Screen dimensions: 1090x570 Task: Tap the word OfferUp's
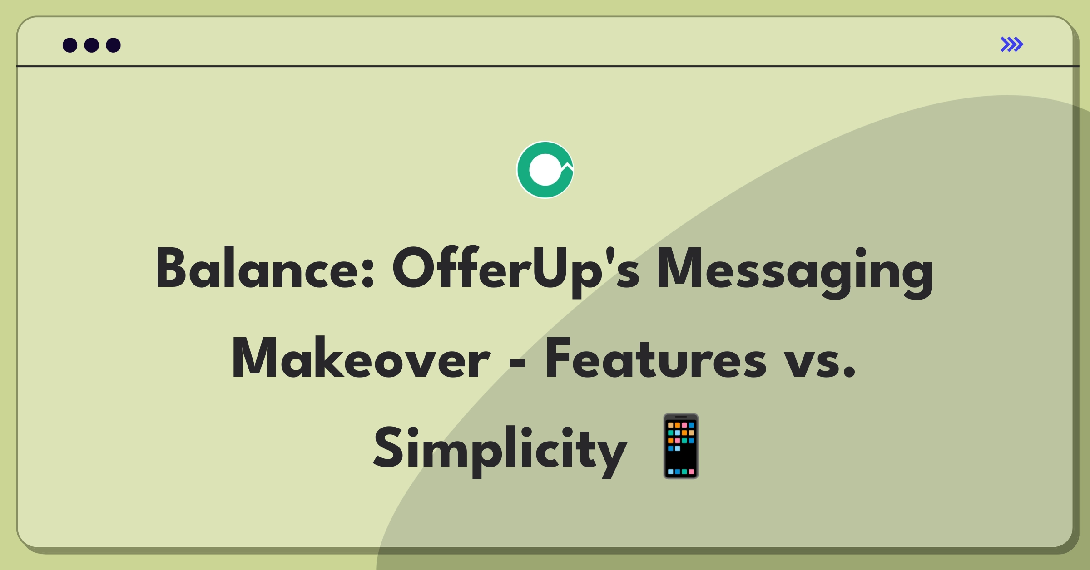click(516, 271)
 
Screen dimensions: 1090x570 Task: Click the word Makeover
click(361, 357)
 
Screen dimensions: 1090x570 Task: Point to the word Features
click(656, 358)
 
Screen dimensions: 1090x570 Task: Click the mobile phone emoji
click(681, 446)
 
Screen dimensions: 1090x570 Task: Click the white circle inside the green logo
click(545, 170)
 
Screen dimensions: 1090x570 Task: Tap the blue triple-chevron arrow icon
click(1012, 44)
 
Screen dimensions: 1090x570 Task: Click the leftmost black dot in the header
click(70, 45)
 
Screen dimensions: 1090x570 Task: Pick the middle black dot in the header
click(92, 45)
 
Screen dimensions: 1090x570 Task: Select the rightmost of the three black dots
click(114, 45)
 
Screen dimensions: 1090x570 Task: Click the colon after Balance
click(368, 274)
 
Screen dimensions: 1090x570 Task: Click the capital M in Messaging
click(679, 268)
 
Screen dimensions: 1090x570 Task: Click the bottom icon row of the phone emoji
click(681, 472)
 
